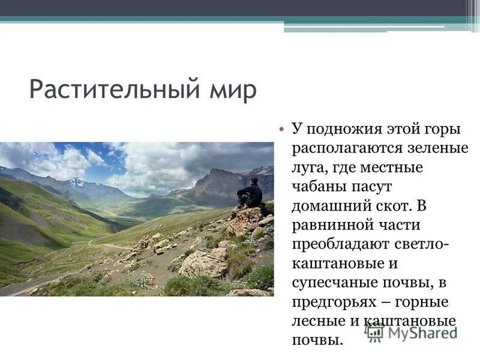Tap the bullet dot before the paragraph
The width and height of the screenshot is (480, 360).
(x=281, y=128)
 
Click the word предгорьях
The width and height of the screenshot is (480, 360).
(x=336, y=301)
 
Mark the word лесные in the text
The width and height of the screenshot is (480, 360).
(x=314, y=320)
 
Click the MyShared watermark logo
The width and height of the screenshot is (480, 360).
(x=411, y=331)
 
